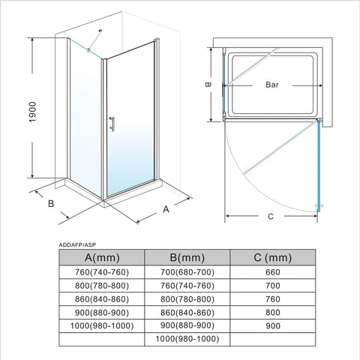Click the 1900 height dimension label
[x=33, y=112]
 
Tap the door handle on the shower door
[x=112, y=124]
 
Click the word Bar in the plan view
[x=272, y=85]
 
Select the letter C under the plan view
[x=271, y=217]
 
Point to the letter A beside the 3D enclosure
[x=166, y=209]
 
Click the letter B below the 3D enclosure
[x=51, y=203]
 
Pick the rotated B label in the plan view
[x=208, y=85]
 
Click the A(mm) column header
[x=102, y=257]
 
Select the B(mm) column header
[x=187, y=257]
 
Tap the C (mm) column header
[x=273, y=257]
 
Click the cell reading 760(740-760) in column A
[x=102, y=272]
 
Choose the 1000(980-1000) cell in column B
[x=187, y=339]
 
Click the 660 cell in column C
[x=273, y=272]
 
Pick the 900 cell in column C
[x=273, y=326]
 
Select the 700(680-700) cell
[x=187, y=272]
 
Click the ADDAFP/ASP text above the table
[x=77, y=245]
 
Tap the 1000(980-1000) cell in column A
[x=102, y=325]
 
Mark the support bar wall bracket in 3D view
[x=100, y=31]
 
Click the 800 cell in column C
[x=273, y=313]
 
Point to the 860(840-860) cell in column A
[x=102, y=299]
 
